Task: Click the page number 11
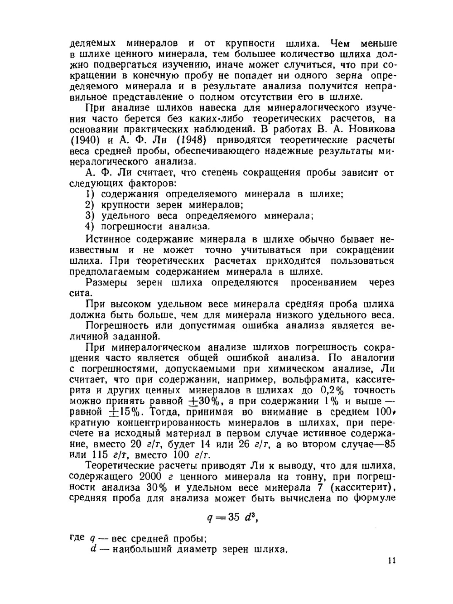coord(392,561)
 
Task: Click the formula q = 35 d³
coord(232,518)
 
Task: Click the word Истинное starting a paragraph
coord(108,239)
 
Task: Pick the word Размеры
coord(107,283)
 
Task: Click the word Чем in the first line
coord(340,44)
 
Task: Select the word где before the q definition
coord(77,537)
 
